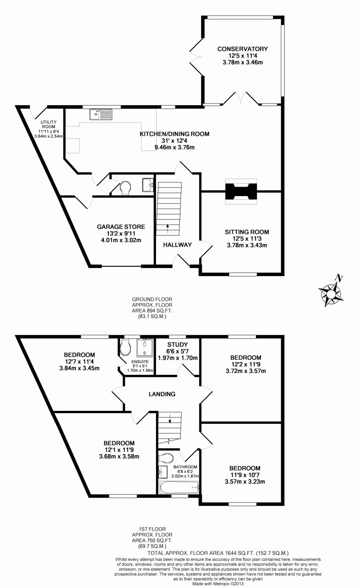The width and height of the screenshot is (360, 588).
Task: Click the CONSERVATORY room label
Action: pyautogui.click(x=242, y=49)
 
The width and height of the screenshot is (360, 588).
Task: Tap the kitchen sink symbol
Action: pyautogui.click(x=101, y=114)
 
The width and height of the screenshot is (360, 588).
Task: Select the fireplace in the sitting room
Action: pyautogui.click(x=241, y=191)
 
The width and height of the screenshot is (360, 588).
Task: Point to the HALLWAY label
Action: pyautogui.click(x=177, y=245)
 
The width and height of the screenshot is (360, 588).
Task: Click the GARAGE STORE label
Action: pyautogui.click(x=121, y=227)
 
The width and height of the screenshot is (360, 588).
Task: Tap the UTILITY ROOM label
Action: pyautogui.click(x=49, y=124)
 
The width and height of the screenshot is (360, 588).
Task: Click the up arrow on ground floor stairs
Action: pyautogui.click(x=168, y=226)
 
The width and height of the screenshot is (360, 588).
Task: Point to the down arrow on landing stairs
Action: pyautogui.click(x=170, y=421)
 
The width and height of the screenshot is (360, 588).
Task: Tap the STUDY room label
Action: pyautogui.click(x=177, y=345)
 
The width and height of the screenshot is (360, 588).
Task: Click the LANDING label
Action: pyautogui.click(x=162, y=394)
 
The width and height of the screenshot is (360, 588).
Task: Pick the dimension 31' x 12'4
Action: pyautogui.click(x=175, y=141)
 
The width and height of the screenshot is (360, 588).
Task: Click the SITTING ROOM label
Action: pyautogui.click(x=247, y=232)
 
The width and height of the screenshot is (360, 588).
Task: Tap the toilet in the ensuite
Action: pyautogui.click(x=126, y=347)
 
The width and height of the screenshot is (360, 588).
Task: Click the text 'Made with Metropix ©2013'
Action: pyautogui.click(x=218, y=583)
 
